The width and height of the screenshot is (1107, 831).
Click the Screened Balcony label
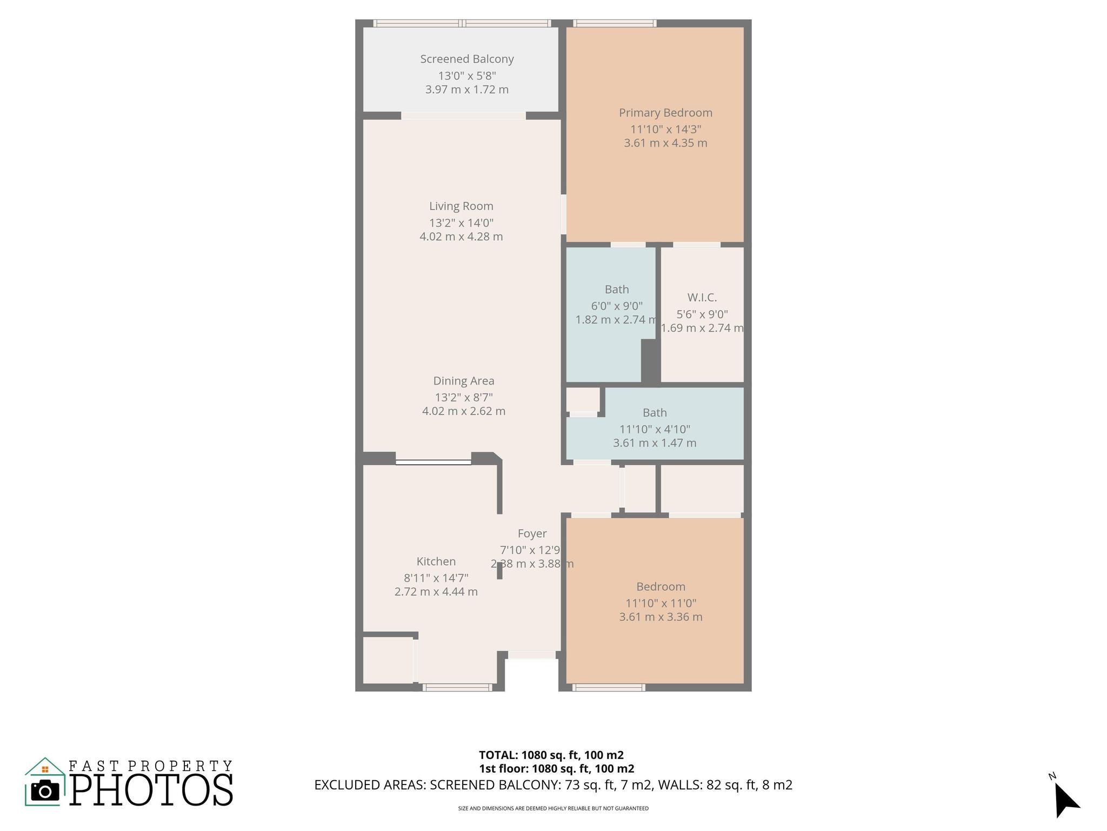(466, 59)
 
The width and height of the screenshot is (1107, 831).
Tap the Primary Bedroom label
(665, 113)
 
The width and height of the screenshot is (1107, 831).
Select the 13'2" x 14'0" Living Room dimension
(461, 222)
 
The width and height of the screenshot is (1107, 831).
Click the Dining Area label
(463, 380)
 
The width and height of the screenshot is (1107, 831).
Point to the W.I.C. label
(702, 297)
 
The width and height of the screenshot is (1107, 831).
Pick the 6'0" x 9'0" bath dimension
(616, 306)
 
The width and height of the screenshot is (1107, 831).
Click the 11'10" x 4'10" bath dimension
(654, 429)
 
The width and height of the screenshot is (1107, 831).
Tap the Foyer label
(532, 533)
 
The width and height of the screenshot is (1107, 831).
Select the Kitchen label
(436, 561)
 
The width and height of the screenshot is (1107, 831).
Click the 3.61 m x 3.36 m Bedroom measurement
(661, 617)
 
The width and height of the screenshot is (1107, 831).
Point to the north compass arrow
(1065, 800)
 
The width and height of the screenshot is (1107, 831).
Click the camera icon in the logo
(45, 791)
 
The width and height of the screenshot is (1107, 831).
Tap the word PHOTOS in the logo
(151, 790)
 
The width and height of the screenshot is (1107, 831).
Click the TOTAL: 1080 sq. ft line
(551, 755)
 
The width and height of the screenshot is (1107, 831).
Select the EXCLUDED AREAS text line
(553, 784)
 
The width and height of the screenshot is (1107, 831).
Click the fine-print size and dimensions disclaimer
(553, 808)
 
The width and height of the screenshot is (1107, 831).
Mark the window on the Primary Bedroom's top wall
(615, 23)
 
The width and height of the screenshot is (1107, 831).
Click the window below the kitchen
(457, 687)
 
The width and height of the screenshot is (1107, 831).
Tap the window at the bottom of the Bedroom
(609, 687)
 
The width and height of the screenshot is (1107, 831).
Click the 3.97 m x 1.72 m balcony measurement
(466, 90)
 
